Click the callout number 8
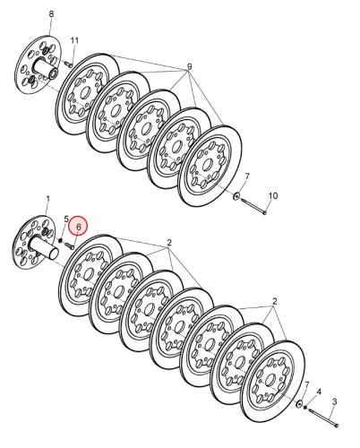click(x=51, y=14)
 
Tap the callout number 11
click(x=74, y=40)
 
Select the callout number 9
click(x=189, y=66)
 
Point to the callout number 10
click(x=273, y=196)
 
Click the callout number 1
click(x=47, y=199)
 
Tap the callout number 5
click(x=66, y=219)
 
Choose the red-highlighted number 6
click(x=78, y=227)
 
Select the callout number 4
click(x=319, y=392)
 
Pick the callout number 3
click(x=334, y=401)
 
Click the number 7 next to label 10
click(x=247, y=177)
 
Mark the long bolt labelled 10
click(x=253, y=206)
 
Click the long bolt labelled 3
click(x=323, y=418)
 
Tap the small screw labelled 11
click(x=68, y=64)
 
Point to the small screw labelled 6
click(x=69, y=246)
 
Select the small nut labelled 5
click(x=60, y=240)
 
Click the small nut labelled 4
click(x=305, y=407)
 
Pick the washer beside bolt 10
click(x=236, y=196)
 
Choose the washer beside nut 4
click(x=299, y=404)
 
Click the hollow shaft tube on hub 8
click(x=46, y=69)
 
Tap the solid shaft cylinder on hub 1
click(x=44, y=247)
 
